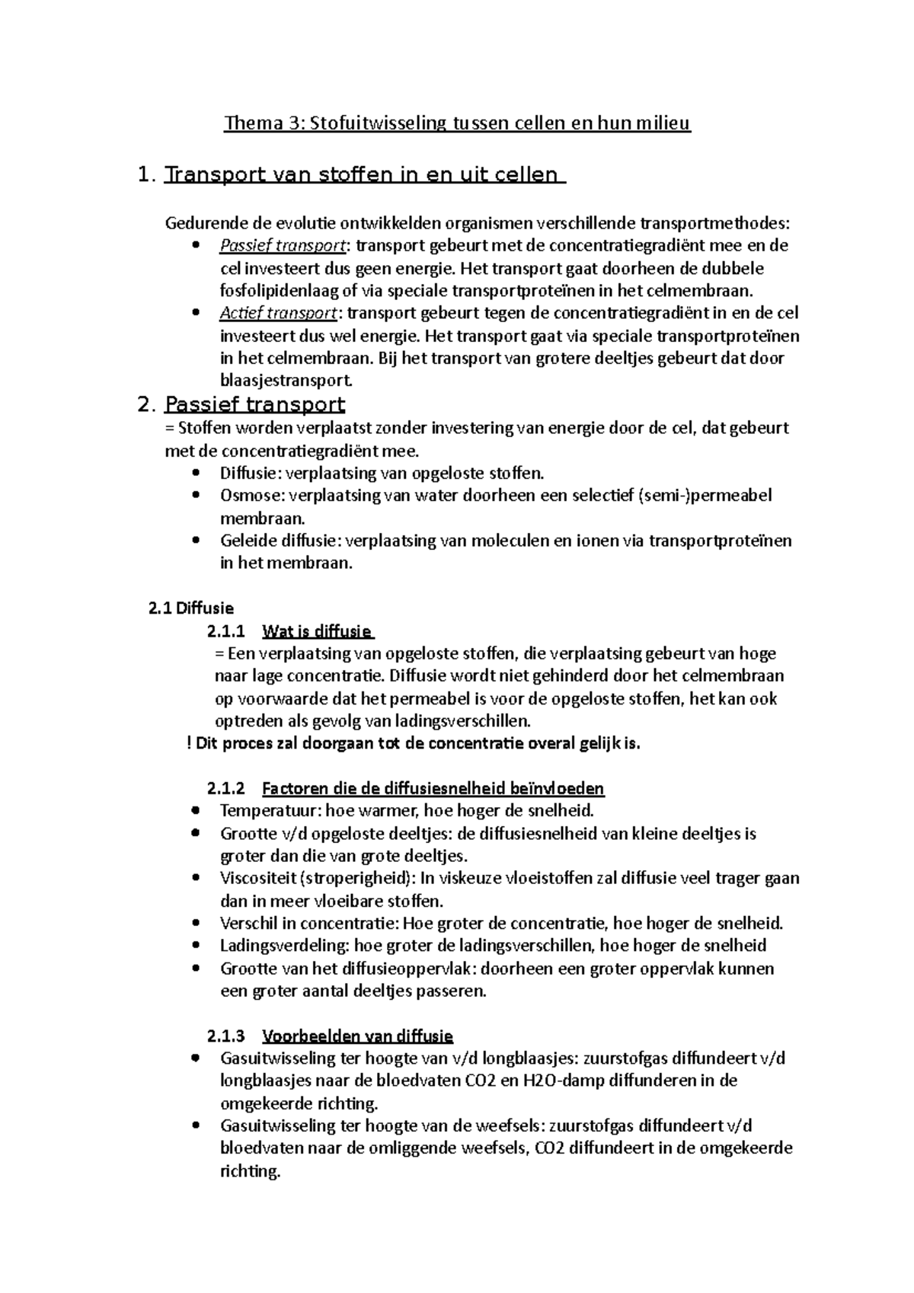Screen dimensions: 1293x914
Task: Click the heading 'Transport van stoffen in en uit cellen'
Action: click(365, 175)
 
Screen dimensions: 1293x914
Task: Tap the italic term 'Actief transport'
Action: click(278, 314)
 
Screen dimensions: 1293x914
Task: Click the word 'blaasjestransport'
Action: click(286, 382)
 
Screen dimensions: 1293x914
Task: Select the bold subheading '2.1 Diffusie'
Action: click(191, 608)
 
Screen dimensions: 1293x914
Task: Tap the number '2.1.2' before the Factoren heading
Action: click(226, 789)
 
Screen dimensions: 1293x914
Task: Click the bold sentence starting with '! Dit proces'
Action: click(414, 744)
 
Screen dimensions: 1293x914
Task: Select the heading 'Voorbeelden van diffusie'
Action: click(357, 1036)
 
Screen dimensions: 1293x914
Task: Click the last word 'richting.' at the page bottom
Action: click(250, 1171)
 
